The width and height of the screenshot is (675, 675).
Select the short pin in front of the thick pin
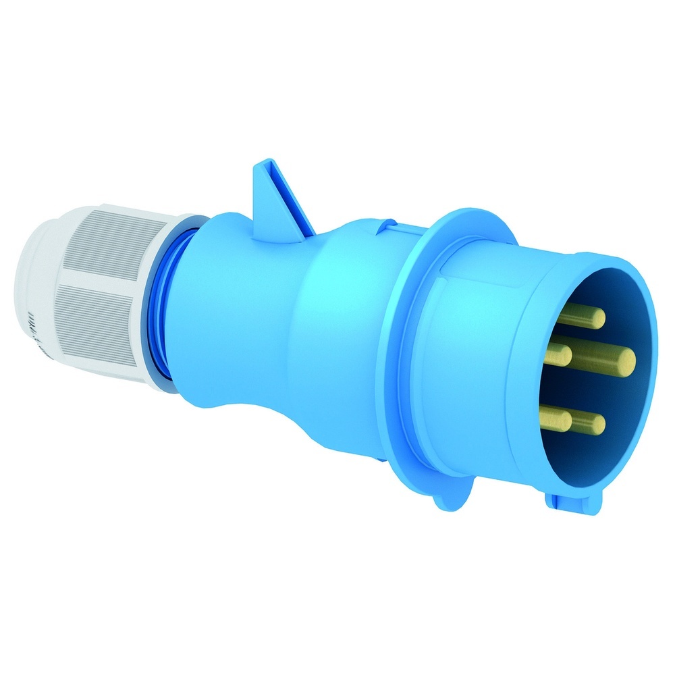point(558,353)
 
